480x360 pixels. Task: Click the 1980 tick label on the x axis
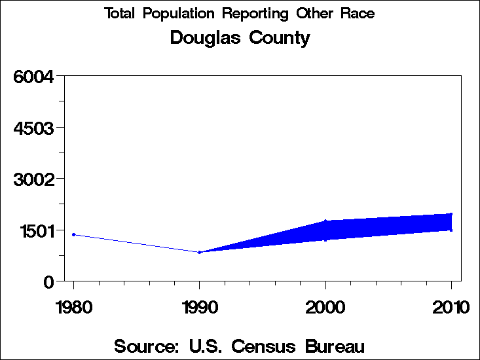[x=73, y=307]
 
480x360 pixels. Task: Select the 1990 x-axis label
[x=199, y=307]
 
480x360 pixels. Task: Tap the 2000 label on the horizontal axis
[x=325, y=307]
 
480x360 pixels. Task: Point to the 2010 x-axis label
[x=451, y=307]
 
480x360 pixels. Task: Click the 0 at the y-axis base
[x=48, y=281]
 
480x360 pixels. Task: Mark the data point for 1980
[x=73, y=234]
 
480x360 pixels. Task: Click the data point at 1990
[x=199, y=252]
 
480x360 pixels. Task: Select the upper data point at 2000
[x=325, y=221]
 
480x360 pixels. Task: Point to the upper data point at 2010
[x=451, y=214]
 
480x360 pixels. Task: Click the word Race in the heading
[x=358, y=14]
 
